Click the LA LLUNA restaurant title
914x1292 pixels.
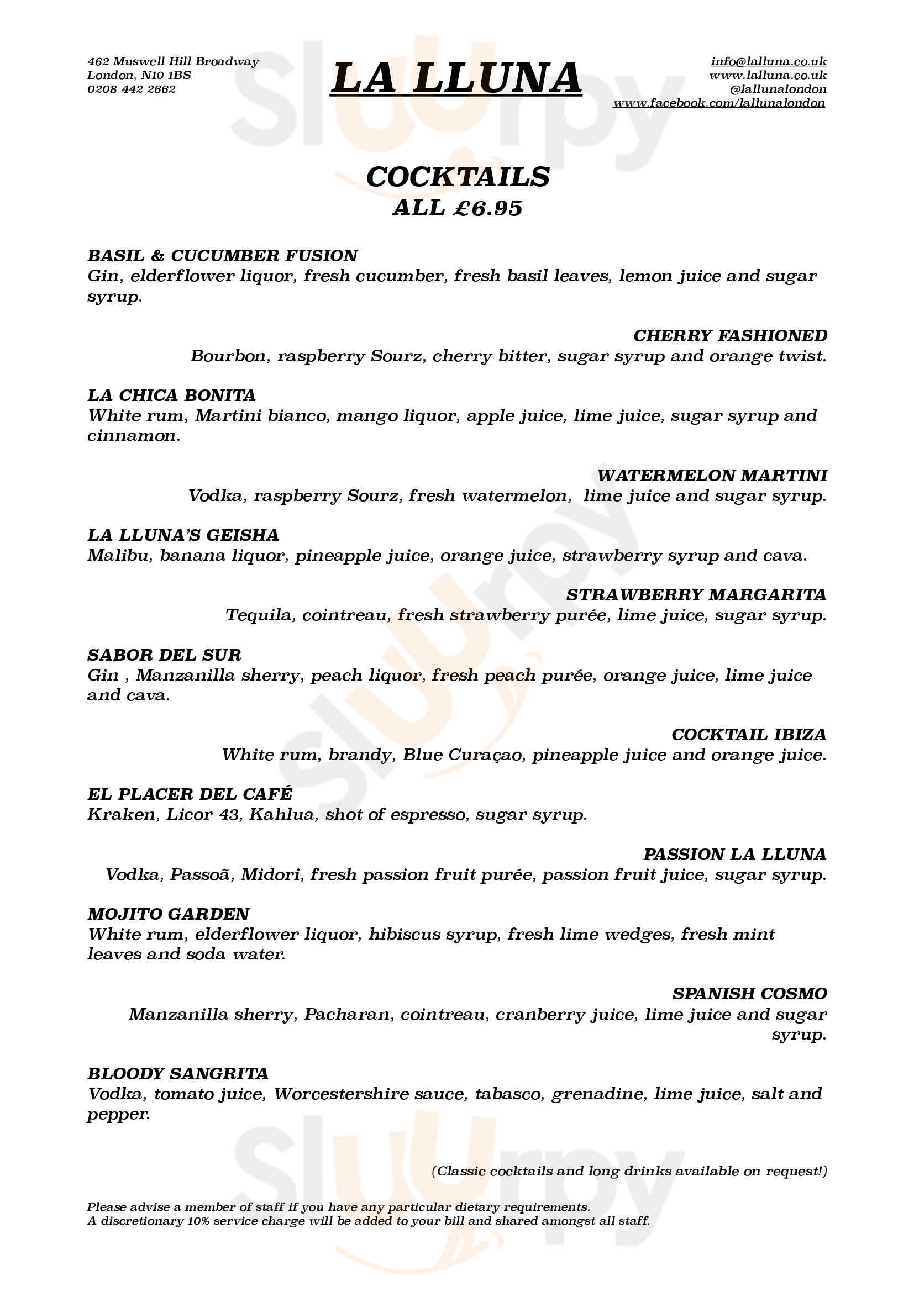tap(456, 78)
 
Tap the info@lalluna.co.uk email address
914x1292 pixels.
tap(768, 61)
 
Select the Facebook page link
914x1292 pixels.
tap(719, 103)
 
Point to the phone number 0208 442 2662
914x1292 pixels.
tap(131, 89)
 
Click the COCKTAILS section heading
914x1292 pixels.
tap(458, 177)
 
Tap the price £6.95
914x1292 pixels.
tap(487, 208)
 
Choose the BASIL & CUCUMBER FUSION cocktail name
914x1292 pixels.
tap(222, 256)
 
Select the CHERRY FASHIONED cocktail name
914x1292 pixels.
tap(730, 336)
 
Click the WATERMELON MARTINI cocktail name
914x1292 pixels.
tap(712, 476)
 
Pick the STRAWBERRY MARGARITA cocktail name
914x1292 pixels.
tap(696, 595)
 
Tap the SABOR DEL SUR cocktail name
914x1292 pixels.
tap(164, 655)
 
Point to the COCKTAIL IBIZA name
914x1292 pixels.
tap(749, 734)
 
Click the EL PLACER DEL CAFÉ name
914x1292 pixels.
tap(190, 794)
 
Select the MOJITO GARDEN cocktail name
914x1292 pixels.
tap(169, 914)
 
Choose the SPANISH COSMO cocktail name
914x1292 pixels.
tap(750, 994)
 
